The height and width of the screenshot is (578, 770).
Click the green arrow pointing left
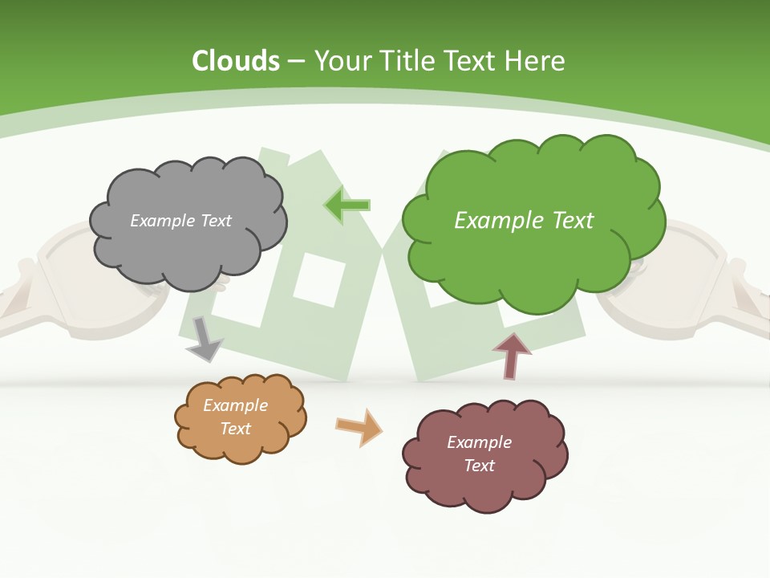pos(347,206)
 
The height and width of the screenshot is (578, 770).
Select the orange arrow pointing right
pos(359,427)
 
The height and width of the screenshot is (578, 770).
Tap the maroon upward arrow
pos(512,356)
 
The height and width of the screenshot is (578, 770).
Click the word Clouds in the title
pos(236,61)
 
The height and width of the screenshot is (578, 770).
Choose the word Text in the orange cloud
pos(236,429)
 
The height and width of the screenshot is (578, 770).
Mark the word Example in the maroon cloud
pos(479,442)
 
